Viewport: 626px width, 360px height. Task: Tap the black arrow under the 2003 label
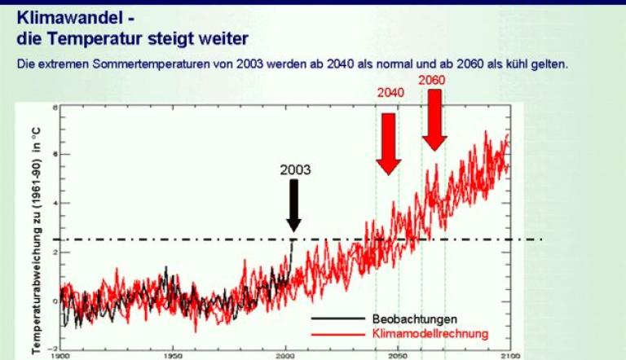tap(293, 204)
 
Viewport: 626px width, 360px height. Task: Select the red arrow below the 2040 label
tap(389, 143)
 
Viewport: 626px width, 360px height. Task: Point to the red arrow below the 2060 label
tap(434, 119)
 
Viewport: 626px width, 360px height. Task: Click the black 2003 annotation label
tap(294, 171)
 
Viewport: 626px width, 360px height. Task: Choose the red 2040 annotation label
tap(390, 93)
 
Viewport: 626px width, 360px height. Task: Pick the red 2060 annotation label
tap(432, 79)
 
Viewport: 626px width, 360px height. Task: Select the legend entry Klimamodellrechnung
tap(430, 333)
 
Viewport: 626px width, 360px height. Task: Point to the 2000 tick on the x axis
tap(284, 356)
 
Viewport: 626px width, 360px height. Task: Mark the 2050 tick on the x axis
tap(397, 356)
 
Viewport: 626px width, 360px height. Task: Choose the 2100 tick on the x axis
tap(509, 356)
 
